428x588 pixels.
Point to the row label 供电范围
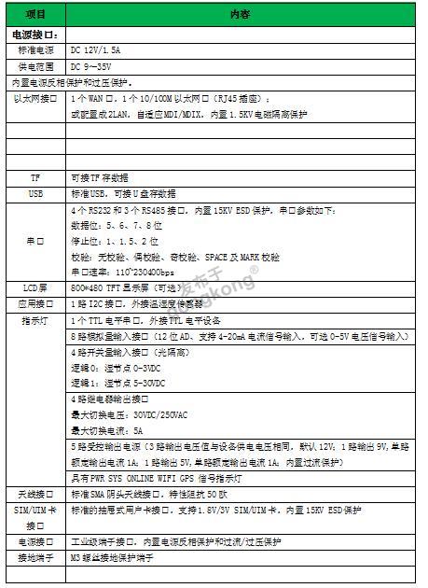click(35, 67)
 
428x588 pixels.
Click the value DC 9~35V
click(95, 67)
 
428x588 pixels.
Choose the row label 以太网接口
click(35, 98)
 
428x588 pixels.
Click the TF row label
click(35, 177)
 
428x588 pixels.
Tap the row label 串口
click(35, 241)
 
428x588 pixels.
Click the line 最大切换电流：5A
click(105, 431)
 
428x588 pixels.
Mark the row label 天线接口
click(35, 494)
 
